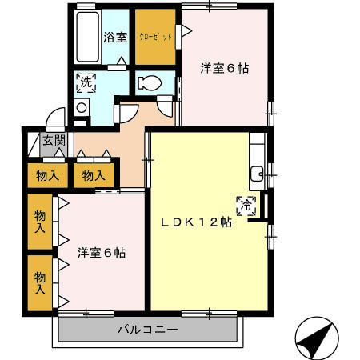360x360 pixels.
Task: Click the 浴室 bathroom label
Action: click(x=115, y=36)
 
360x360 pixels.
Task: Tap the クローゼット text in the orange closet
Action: click(x=155, y=36)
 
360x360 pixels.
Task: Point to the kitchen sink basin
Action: click(x=257, y=174)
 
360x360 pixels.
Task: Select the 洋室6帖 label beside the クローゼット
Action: click(x=224, y=68)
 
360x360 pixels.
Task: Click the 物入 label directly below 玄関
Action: click(x=47, y=175)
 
